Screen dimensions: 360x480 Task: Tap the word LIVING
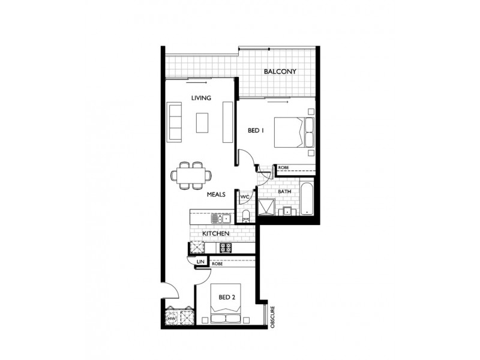(201, 98)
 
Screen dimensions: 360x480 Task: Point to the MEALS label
(216, 195)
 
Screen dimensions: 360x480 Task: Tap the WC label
(245, 196)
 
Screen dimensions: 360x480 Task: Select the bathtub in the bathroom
(307, 197)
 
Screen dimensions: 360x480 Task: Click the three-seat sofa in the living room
(175, 122)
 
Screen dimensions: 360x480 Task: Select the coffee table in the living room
(202, 122)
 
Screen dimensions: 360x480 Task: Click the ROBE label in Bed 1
(283, 169)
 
